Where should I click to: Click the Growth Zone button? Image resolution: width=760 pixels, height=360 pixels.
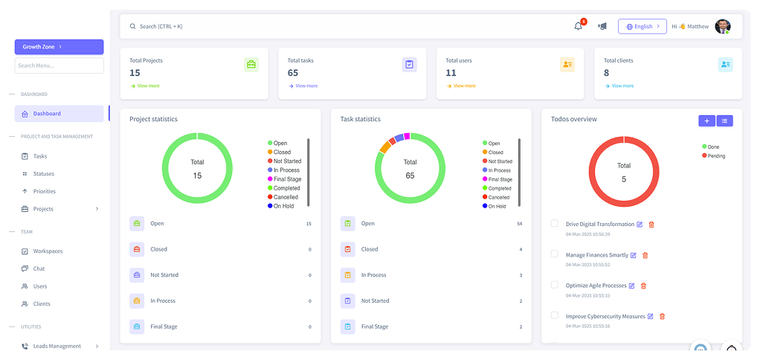pyautogui.click(x=59, y=47)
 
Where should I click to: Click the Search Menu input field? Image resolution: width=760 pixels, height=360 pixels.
pyautogui.click(x=59, y=65)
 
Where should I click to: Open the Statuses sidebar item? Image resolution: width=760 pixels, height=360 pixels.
pyautogui.click(x=43, y=174)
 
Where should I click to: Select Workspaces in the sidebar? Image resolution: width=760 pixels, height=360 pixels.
pyautogui.click(x=48, y=251)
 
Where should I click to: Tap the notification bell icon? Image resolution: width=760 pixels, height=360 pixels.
pyautogui.click(x=579, y=26)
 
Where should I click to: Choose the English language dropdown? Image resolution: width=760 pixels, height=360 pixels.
pyautogui.click(x=642, y=26)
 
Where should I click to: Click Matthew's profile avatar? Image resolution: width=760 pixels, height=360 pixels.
pyautogui.click(x=722, y=26)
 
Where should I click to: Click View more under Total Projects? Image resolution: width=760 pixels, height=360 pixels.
pyautogui.click(x=147, y=86)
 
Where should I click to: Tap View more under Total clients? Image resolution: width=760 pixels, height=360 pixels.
pyautogui.click(x=622, y=86)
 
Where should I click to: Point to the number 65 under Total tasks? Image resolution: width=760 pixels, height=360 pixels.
pyautogui.click(x=293, y=73)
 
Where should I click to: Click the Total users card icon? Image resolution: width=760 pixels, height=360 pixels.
pyautogui.click(x=567, y=65)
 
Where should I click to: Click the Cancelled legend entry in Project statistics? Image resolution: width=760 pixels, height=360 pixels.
pyautogui.click(x=286, y=197)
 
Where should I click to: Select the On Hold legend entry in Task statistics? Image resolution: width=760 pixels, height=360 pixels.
pyautogui.click(x=497, y=206)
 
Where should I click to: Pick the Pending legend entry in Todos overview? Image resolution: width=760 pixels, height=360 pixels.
pyautogui.click(x=715, y=156)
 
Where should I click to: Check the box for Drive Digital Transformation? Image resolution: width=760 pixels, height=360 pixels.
pyautogui.click(x=554, y=223)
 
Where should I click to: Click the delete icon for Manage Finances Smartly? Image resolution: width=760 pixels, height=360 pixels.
pyautogui.click(x=645, y=255)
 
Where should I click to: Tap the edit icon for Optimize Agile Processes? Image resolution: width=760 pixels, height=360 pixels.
pyautogui.click(x=632, y=286)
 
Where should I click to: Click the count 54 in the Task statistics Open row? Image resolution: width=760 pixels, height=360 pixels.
pyautogui.click(x=520, y=223)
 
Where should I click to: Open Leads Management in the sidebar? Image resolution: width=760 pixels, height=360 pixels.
pyautogui.click(x=57, y=346)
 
